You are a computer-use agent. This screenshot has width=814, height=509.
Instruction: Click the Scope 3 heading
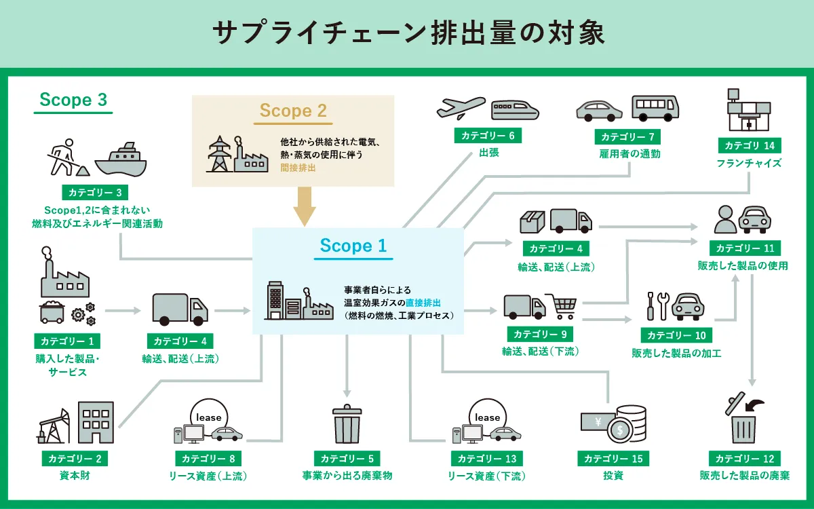click(x=73, y=100)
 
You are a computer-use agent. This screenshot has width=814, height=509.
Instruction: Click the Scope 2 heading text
click(x=293, y=111)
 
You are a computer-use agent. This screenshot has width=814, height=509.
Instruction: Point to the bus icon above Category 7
click(x=655, y=107)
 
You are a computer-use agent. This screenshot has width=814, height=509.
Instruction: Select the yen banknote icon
click(x=597, y=421)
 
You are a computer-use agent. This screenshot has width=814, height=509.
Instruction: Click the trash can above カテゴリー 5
click(x=347, y=425)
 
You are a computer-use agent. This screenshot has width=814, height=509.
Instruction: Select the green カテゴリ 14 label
click(x=749, y=145)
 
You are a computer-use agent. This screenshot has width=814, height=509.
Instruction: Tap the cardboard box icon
click(x=532, y=221)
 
